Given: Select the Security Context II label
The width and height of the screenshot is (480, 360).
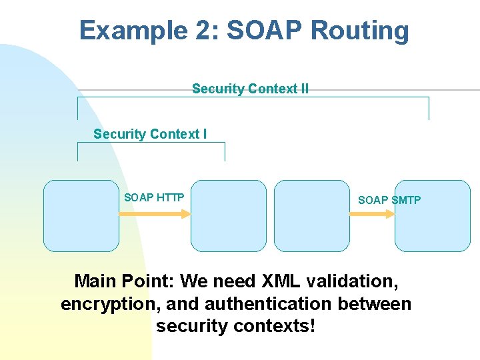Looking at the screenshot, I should (x=250, y=89).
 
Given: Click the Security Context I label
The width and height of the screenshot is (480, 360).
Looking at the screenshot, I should (x=150, y=134).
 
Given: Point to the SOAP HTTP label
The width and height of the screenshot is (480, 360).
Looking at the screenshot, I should (x=154, y=197).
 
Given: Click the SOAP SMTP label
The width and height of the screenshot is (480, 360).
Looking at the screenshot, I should (x=389, y=200).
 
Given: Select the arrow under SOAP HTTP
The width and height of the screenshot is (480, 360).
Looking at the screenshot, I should (x=155, y=214).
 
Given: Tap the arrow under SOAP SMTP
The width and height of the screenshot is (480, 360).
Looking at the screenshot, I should (x=372, y=214).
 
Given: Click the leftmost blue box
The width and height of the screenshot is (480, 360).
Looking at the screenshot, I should (x=81, y=215).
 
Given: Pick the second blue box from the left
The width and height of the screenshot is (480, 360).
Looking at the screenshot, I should (x=228, y=215).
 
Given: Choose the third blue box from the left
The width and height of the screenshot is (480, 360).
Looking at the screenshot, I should (x=311, y=215).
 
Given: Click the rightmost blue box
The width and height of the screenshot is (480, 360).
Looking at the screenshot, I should (x=433, y=215).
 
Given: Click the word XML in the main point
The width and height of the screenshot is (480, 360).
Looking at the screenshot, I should (x=282, y=281).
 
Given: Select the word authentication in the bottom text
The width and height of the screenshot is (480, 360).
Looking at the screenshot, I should (x=269, y=304).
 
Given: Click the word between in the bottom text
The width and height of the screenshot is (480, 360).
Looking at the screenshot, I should (x=375, y=304).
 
